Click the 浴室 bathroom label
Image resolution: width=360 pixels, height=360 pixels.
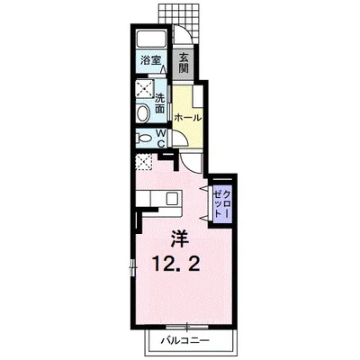[x=149, y=60]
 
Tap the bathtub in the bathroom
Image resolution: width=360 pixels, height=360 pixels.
[x=150, y=40]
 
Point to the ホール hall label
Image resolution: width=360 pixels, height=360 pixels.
[x=187, y=117]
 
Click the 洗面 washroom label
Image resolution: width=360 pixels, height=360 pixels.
[x=160, y=103]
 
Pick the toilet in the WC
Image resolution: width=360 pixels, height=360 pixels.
[x=143, y=139]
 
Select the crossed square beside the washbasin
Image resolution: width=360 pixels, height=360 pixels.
[x=142, y=89]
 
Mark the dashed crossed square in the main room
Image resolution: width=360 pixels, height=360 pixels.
[x=142, y=163]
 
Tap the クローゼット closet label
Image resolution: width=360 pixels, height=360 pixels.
[x=222, y=204]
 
